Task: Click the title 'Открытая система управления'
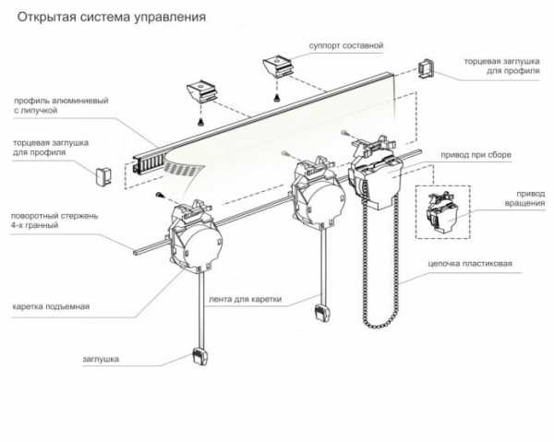pyautogui.click(x=112, y=18)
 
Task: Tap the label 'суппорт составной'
pyautogui.click(x=346, y=46)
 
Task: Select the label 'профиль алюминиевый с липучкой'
pyautogui.click(x=61, y=105)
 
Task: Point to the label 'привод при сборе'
pyautogui.click(x=476, y=155)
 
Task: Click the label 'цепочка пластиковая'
pyautogui.click(x=470, y=264)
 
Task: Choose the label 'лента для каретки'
pyautogui.click(x=246, y=299)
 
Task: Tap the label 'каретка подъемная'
pyautogui.click(x=51, y=306)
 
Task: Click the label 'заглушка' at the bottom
pyautogui.click(x=101, y=359)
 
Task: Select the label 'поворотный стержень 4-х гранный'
pyautogui.click(x=54, y=221)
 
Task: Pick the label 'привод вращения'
pyautogui.click(x=524, y=198)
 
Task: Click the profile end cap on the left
pyautogui.click(x=103, y=176)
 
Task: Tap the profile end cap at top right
pyautogui.click(x=426, y=68)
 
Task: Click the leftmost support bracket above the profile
pyautogui.click(x=201, y=91)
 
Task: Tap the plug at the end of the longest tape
pyautogui.click(x=200, y=356)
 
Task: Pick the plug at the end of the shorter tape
pyautogui.click(x=322, y=313)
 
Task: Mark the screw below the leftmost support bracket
pyautogui.click(x=201, y=123)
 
